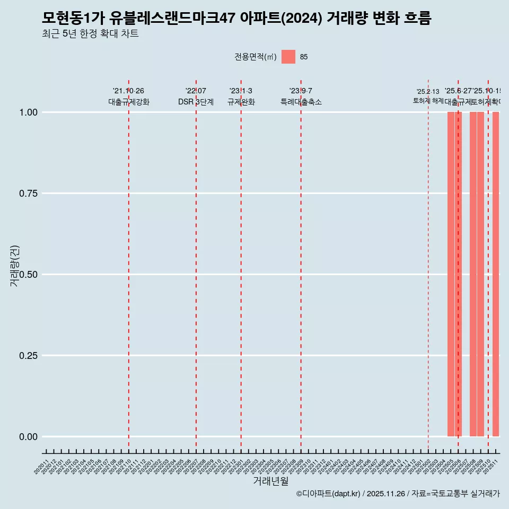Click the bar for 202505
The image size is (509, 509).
coord(451,274)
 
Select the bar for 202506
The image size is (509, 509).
coord(458,274)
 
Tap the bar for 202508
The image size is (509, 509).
coord(473,274)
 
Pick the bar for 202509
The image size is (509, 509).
coord(480,274)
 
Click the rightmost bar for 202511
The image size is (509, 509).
coord(496,274)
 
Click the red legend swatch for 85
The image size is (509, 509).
coord(288,57)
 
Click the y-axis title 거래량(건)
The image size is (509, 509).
coord(15,266)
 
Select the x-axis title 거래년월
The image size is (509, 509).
coord(270,481)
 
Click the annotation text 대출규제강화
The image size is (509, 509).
coord(129,102)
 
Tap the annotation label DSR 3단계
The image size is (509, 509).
coord(196,102)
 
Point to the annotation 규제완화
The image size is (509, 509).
coord(241,102)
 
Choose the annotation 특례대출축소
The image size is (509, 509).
coord(301,102)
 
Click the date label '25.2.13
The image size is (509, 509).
coord(428,92)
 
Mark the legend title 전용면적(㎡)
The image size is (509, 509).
coord(256,57)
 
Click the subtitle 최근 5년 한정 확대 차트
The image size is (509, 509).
coord(90,34)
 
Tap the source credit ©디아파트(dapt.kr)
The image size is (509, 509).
coord(328,494)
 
